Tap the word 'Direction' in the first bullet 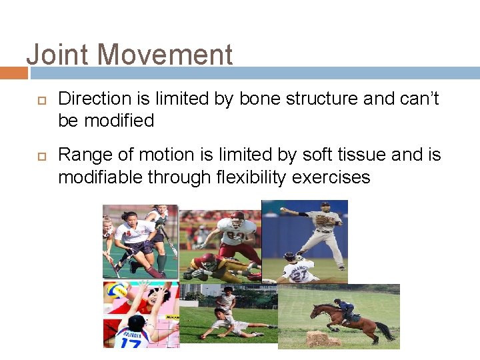(x=95, y=99)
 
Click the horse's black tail (x=385, y=330)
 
